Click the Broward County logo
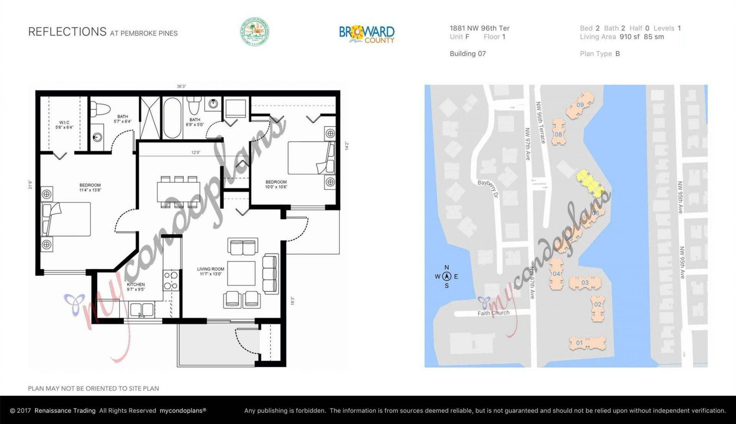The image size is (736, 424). click(366, 34)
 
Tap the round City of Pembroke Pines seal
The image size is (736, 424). click(255, 32)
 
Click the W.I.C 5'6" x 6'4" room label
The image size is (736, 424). click(64, 125)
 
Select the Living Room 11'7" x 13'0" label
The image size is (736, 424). click(210, 272)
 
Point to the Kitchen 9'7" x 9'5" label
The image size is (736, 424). click(136, 287)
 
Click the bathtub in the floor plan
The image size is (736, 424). click(172, 118)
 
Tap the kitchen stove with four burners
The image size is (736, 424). click(171, 281)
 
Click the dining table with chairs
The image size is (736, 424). click(178, 192)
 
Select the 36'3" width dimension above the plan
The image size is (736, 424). click(181, 87)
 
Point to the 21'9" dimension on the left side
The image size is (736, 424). click(30, 185)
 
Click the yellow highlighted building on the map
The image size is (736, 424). click(590, 183)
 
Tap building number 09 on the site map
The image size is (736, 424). click(580, 105)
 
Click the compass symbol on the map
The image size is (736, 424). click(447, 276)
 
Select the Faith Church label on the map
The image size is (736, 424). click(493, 313)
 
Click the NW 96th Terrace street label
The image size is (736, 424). click(540, 123)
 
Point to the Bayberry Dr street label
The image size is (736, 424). click(488, 188)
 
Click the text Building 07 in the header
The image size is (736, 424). click(468, 54)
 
